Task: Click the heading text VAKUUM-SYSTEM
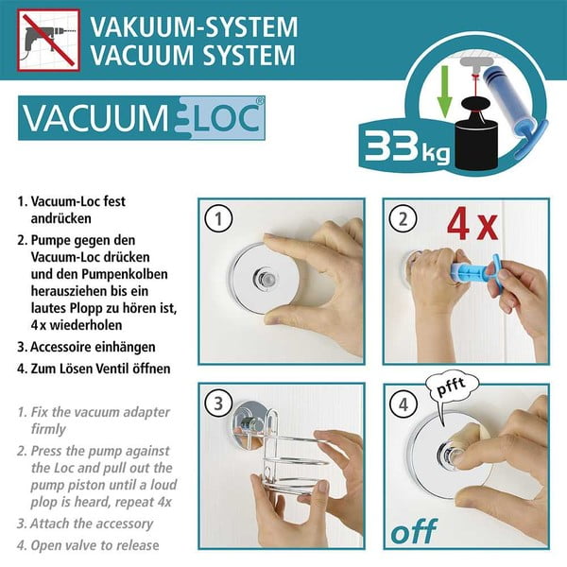[196, 26]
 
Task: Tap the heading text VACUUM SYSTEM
[196, 56]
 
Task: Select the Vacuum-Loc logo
[142, 120]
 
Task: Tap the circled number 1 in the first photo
[219, 220]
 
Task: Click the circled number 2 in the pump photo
[404, 220]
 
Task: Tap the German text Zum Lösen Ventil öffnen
[100, 369]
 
